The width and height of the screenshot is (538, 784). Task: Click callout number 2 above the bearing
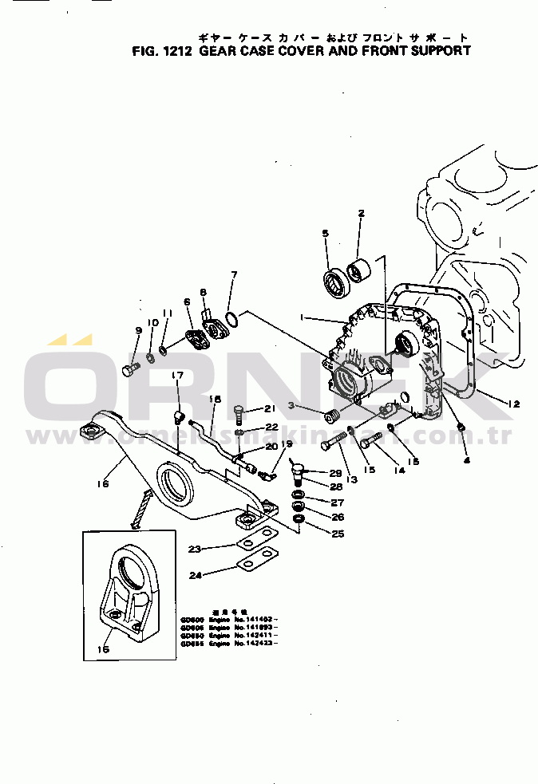[x=361, y=214]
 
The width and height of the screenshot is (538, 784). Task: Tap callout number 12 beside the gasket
[x=513, y=404]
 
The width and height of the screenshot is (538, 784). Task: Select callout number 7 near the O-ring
[x=233, y=275]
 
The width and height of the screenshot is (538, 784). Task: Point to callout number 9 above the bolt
[x=138, y=331]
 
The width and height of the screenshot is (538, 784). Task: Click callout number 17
[x=177, y=376]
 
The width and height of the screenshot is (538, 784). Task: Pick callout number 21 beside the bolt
[x=270, y=409]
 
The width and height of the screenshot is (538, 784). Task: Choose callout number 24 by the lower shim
[x=195, y=574]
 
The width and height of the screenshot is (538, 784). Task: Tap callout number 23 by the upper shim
[x=195, y=549]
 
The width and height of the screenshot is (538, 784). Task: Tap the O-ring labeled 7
[x=230, y=321]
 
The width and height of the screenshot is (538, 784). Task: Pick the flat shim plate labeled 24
[x=255, y=565]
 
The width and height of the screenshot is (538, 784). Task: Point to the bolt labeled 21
[x=239, y=412]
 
